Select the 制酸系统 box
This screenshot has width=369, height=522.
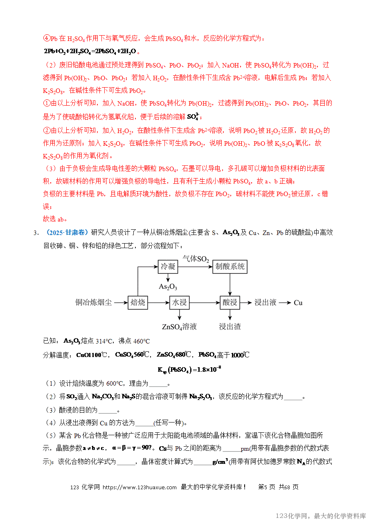pyautogui.click(x=230, y=267)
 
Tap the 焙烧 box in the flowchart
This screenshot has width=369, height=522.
pyautogui.click(x=138, y=303)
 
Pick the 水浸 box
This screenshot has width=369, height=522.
pyautogui.click(x=179, y=303)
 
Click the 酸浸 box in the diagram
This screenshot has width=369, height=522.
pyautogui.click(x=230, y=303)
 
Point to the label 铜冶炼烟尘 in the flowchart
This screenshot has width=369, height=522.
pyautogui.click(x=93, y=303)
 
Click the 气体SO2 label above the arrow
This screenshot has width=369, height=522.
pyautogui.click(x=196, y=259)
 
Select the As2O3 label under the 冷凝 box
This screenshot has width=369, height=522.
pyautogui.click(x=168, y=287)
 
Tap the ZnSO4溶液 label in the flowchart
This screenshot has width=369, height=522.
pyautogui.click(x=179, y=327)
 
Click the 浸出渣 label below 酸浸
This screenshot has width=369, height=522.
pyautogui.click(x=230, y=327)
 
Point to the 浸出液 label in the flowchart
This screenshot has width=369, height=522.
pyautogui.click(x=265, y=303)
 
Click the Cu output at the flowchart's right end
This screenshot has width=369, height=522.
pyautogui.click(x=298, y=303)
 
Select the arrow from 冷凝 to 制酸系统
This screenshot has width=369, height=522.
pyautogui.click(x=196, y=267)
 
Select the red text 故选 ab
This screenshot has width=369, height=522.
pyautogui.click(x=55, y=218)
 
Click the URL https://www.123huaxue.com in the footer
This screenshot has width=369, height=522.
pyautogui.click(x=139, y=487)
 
